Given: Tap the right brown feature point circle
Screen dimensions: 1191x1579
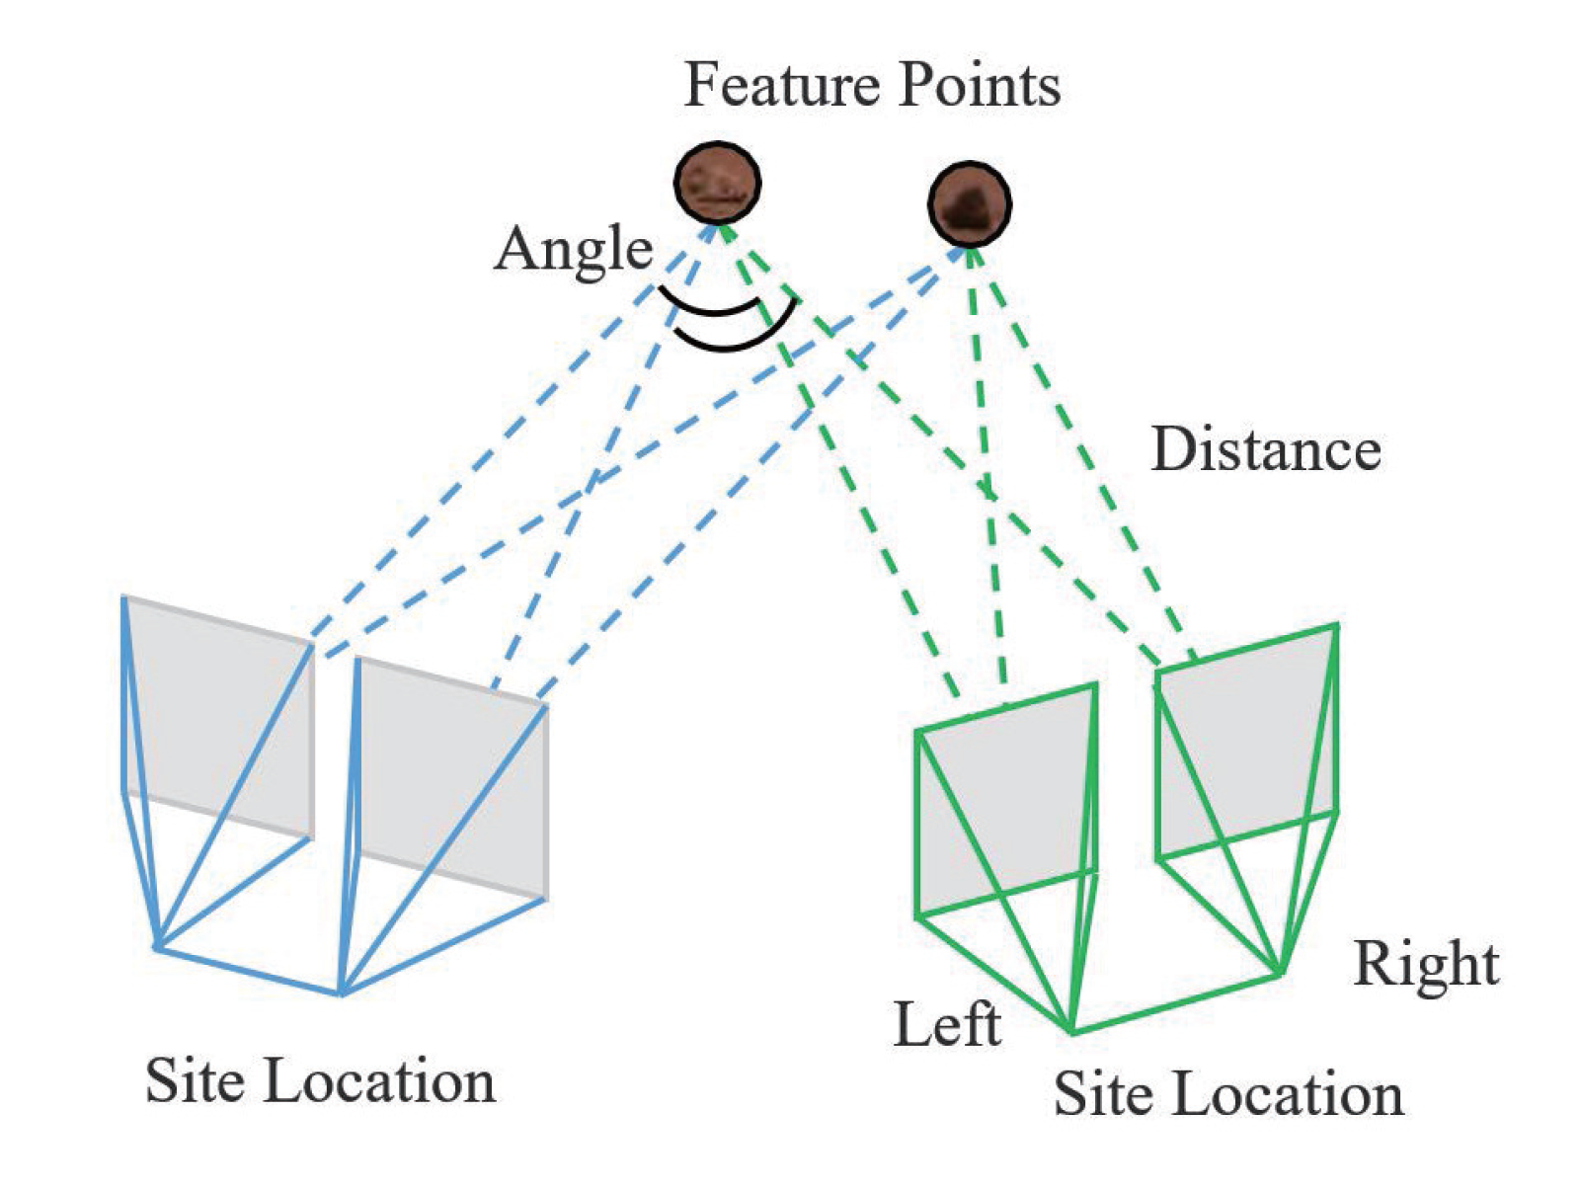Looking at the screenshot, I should click(970, 204).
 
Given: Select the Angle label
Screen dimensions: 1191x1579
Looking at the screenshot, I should click(574, 249).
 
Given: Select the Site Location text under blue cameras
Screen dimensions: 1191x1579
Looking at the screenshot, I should click(320, 1080).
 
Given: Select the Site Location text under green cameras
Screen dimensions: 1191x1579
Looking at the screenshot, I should click(1227, 1094).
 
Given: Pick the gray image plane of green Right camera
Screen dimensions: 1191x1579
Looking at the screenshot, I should click(1246, 741).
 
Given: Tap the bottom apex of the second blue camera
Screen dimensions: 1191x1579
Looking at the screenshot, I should click(341, 993).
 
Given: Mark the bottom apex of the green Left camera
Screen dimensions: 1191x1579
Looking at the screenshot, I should click(1072, 1032).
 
